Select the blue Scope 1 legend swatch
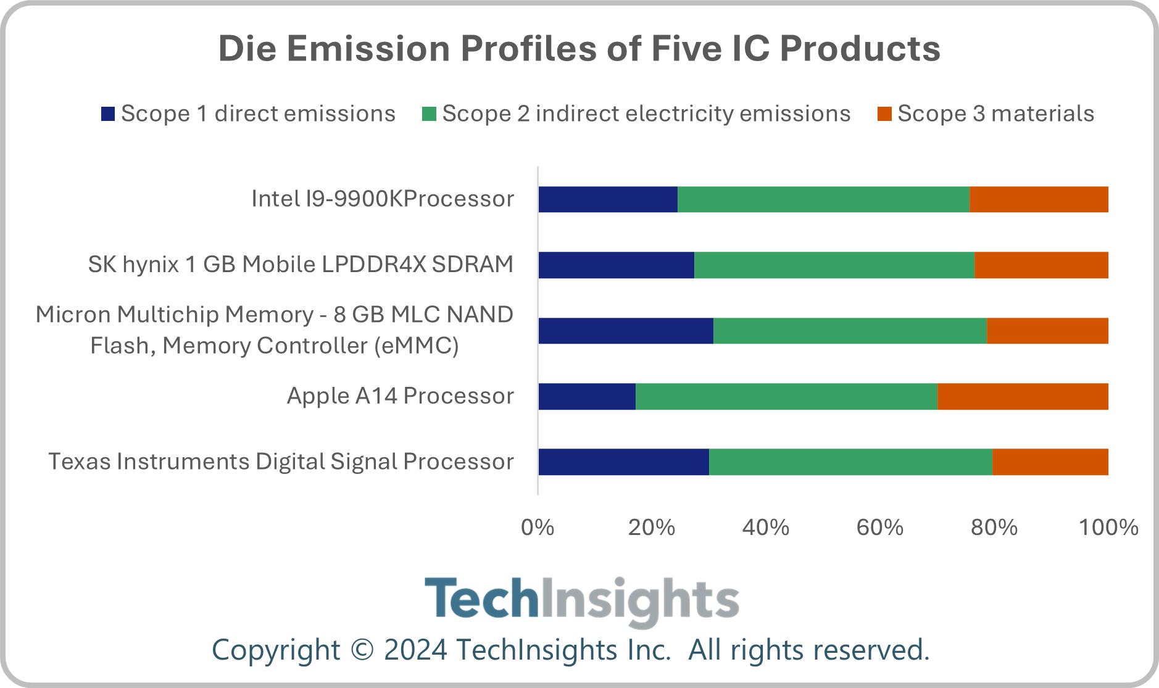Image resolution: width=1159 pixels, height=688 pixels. point(108,114)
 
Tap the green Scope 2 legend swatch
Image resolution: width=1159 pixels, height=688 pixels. point(429,114)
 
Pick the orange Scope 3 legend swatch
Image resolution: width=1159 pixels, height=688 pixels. point(884,114)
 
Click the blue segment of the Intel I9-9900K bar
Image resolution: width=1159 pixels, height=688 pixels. point(608,199)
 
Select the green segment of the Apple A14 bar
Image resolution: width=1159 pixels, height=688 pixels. point(786,396)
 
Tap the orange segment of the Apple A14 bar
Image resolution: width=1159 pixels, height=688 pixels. point(1023,396)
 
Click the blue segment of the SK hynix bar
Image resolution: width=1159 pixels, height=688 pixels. point(616,265)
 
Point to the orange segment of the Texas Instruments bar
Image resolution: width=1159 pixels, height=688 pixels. point(1050,462)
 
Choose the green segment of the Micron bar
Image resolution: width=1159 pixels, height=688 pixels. point(850,331)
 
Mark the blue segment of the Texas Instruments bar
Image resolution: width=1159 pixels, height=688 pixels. point(623,462)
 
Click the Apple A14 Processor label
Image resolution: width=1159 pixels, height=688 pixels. point(400,396)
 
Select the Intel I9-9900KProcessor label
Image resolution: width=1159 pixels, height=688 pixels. point(383,199)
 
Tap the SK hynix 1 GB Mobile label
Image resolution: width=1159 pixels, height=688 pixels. point(301,265)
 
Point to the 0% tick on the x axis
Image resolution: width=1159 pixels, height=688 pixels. point(538,528)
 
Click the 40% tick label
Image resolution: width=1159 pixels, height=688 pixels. point(766,528)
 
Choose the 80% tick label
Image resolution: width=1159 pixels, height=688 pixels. point(994,528)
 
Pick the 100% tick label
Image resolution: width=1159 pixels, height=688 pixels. point(1108,528)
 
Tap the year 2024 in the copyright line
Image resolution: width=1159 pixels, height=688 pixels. point(415,650)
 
